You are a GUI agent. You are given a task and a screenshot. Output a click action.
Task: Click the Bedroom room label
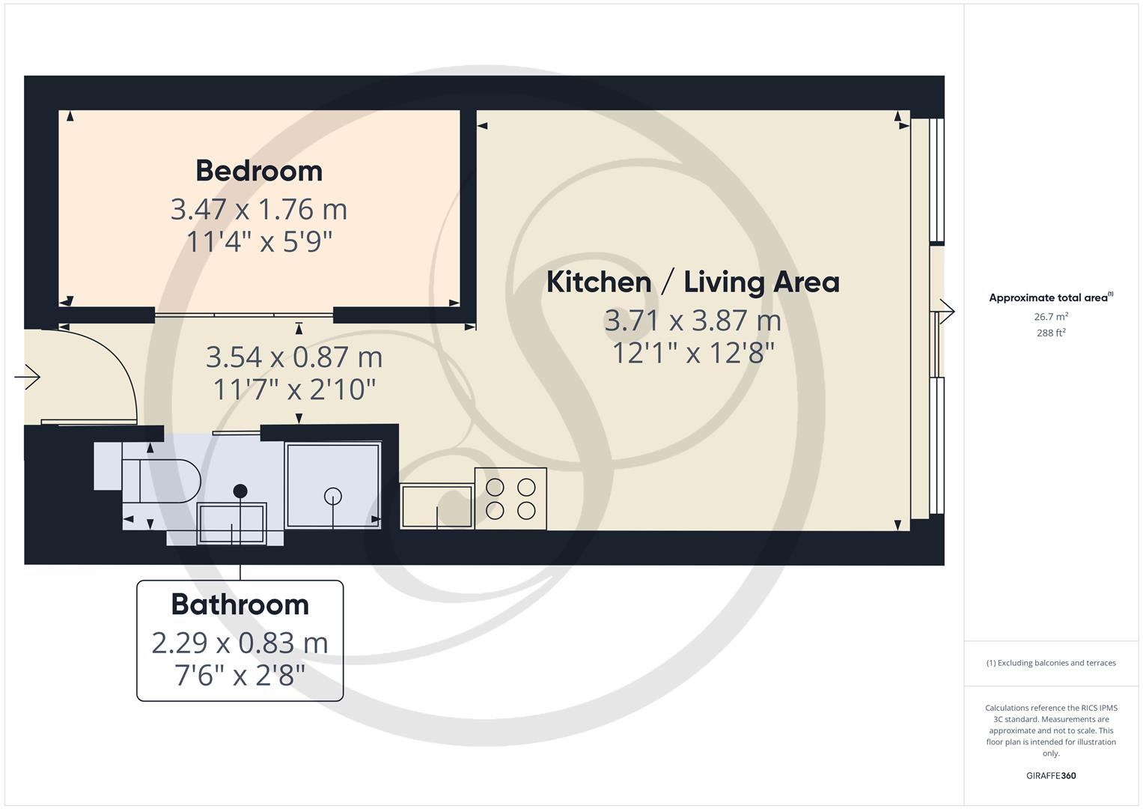click(259, 171)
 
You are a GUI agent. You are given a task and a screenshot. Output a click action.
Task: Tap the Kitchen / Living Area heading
click(692, 282)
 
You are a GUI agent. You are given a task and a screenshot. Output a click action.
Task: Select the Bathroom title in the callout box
click(240, 605)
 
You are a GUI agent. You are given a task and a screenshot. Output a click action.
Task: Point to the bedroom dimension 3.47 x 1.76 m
click(259, 209)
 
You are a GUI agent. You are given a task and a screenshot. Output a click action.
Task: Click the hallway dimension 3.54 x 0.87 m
click(294, 357)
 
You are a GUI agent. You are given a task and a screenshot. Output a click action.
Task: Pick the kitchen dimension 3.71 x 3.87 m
click(692, 321)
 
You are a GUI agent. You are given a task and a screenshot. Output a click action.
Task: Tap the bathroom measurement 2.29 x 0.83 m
click(240, 643)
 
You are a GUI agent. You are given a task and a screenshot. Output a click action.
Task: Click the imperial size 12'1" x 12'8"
click(692, 353)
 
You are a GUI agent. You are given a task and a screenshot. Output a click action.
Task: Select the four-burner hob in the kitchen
click(510, 499)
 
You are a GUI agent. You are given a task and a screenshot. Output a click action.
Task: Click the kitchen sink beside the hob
click(437, 506)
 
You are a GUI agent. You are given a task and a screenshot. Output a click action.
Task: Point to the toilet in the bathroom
click(168, 480)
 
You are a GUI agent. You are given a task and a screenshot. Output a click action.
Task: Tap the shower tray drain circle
click(333, 496)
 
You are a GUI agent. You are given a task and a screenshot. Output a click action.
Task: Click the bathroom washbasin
click(231, 524)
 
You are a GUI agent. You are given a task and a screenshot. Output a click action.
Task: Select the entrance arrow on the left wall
click(28, 377)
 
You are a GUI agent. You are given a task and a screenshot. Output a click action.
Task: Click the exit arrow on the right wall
click(947, 311)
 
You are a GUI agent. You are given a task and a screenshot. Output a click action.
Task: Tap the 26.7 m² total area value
click(1051, 317)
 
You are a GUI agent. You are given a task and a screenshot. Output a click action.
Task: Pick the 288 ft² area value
click(1051, 333)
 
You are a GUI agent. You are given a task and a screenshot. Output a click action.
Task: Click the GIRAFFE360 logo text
click(1051, 776)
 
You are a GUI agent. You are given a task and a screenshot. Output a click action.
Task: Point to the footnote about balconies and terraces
click(1051, 663)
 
